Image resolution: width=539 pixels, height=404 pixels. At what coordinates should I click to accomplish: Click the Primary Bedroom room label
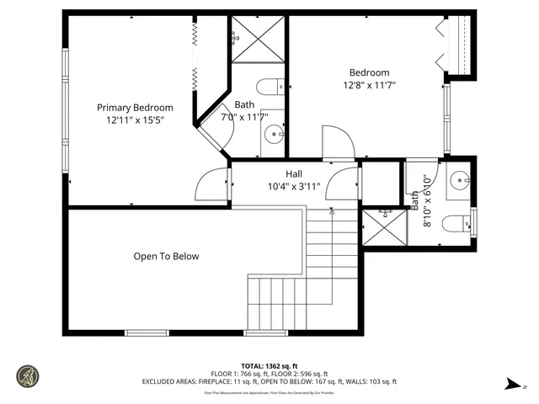(135, 108)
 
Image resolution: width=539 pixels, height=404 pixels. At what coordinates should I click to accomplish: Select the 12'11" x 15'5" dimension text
(135, 120)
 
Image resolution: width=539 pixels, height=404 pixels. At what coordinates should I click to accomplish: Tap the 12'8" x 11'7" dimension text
(369, 85)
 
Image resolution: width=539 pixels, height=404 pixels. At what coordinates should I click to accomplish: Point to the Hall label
(270, 173)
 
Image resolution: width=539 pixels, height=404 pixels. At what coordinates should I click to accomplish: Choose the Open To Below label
(166, 256)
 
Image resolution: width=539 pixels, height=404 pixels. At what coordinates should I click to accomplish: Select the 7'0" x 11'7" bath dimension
(244, 118)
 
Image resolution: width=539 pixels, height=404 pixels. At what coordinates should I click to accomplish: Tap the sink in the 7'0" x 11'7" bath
(275, 134)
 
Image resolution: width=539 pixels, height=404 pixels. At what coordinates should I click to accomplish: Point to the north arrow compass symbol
(513, 385)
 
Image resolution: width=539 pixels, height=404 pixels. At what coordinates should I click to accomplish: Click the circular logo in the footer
(27, 375)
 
